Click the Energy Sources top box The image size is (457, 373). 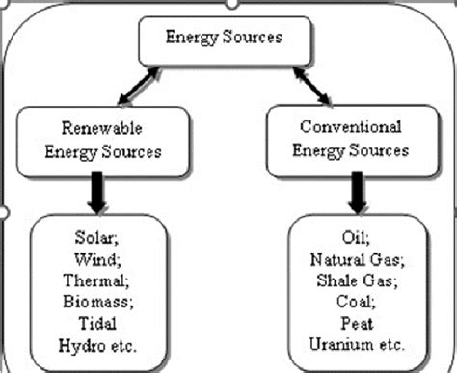223,40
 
